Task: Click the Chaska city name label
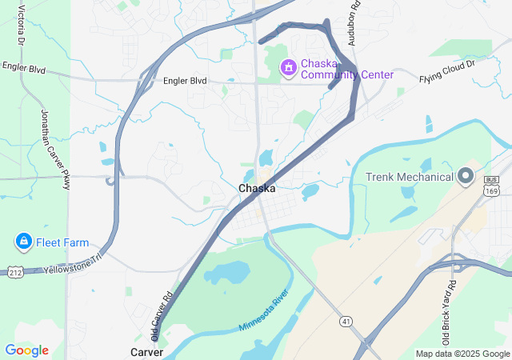coord(257,189)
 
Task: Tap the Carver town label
coord(147,352)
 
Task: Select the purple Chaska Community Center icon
coord(286,69)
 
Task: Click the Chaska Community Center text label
coord(347,69)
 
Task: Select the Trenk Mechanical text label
coord(409,177)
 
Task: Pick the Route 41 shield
coord(346,298)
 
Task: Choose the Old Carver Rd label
coord(162,315)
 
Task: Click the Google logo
coord(26,350)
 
